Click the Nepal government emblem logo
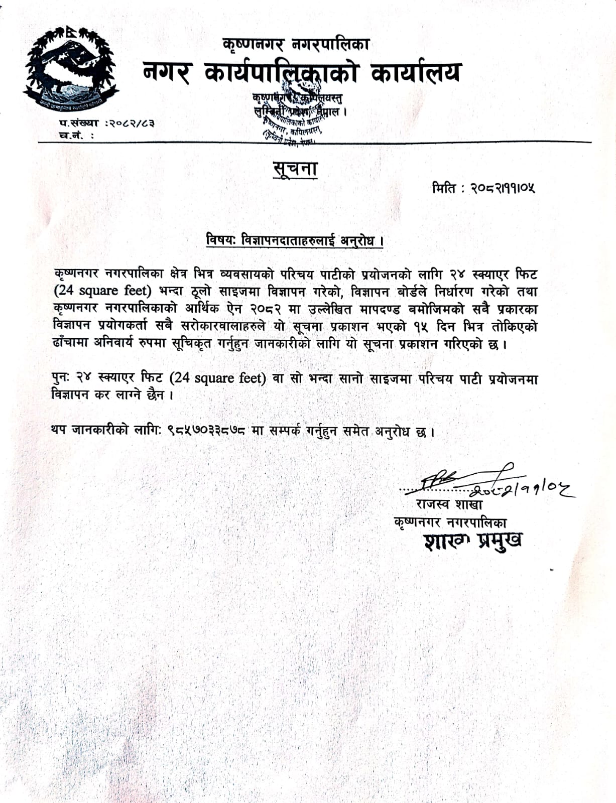tap(70, 69)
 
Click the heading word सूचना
tap(295, 169)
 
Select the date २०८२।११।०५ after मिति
tap(503, 188)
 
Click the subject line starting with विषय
tap(295, 240)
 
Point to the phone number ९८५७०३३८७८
tap(206, 430)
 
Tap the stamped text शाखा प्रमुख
tap(472, 541)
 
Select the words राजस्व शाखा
tap(449, 504)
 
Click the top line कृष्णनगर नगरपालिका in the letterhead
tap(296, 45)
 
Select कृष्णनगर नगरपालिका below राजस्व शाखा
tap(450, 522)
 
